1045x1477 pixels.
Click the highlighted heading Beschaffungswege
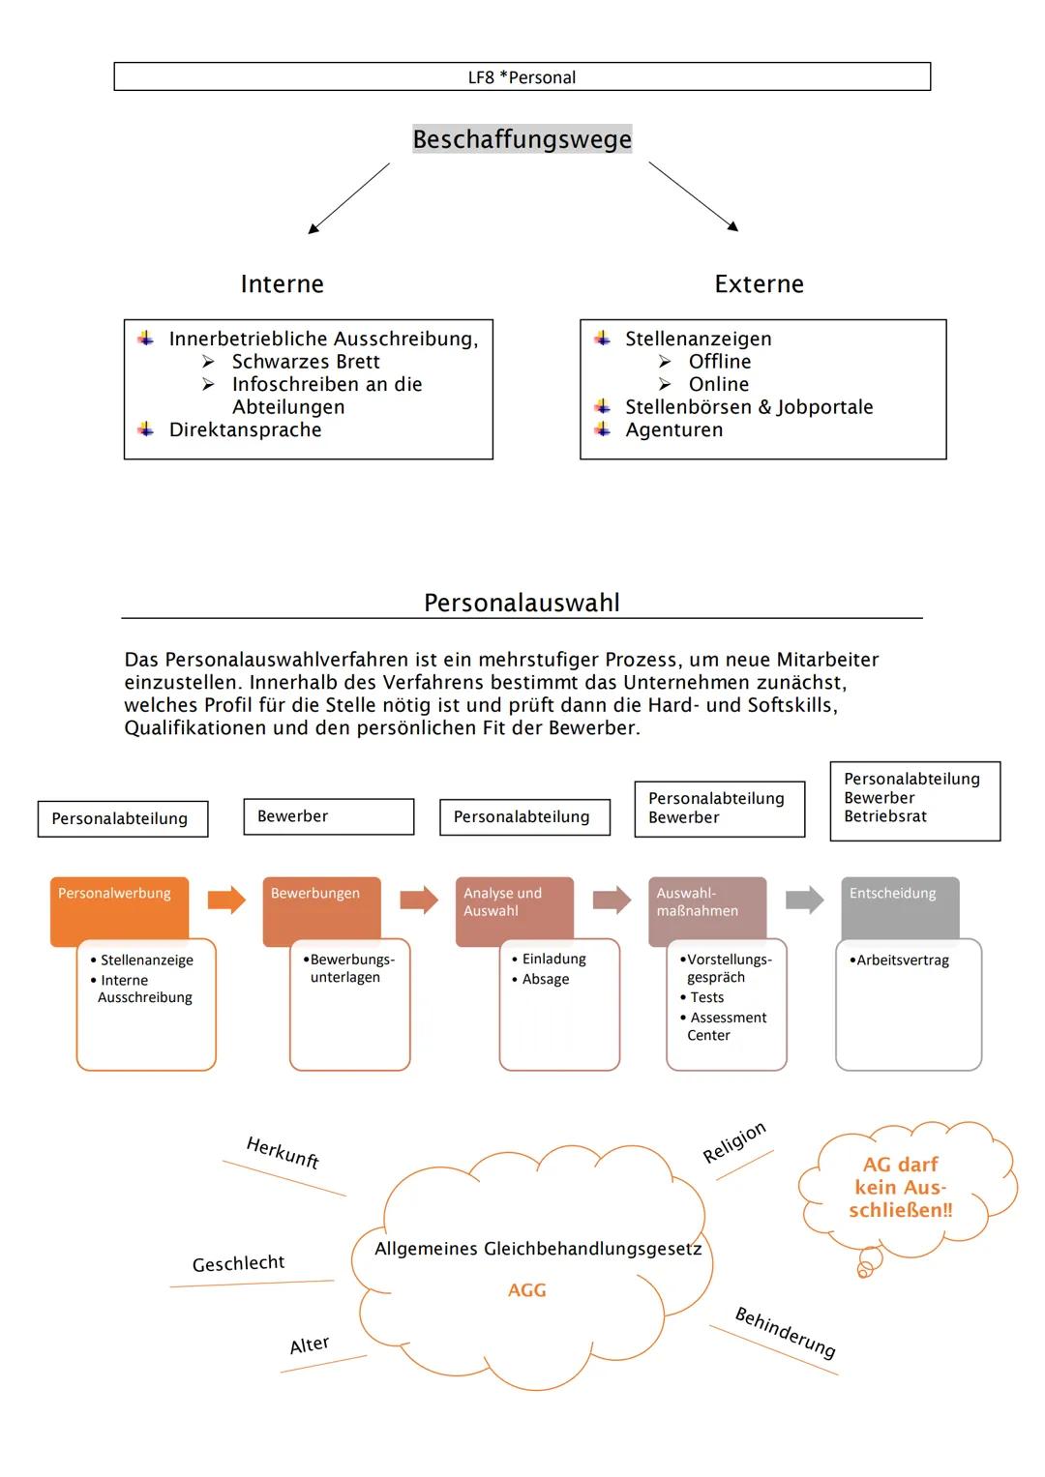click(522, 139)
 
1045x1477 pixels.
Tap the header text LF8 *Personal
click(522, 77)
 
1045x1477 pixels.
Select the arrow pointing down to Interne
click(348, 198)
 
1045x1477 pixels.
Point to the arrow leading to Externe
click(693, 196)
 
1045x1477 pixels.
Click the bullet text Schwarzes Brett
click(306, 362)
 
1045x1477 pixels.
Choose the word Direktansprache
click(245, 429)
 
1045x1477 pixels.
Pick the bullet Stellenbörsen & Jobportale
click(748, 407)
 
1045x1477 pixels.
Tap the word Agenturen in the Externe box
click(673, 429)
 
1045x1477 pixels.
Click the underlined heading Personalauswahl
click(522, 603)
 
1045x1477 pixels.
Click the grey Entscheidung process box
click(900, 905)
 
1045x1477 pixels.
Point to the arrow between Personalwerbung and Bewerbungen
click(226, 900)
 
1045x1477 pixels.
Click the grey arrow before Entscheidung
click(804, 900)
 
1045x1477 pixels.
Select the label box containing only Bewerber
click(328, 816)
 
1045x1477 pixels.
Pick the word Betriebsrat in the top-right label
click(884, 816)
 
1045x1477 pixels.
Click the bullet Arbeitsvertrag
click(902, 960)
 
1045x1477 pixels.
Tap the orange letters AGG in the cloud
click(527, 1290)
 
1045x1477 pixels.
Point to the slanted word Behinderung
click(785, 1333)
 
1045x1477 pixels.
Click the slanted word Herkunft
click(283, 1152)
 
